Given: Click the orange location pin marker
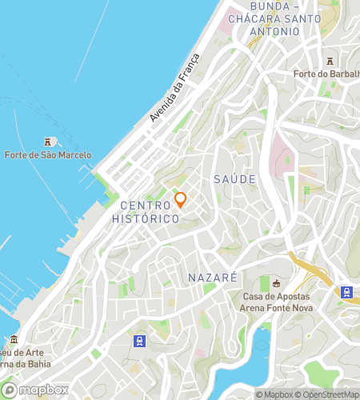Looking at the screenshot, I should [180, 200].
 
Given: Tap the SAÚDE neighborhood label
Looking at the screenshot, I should [234, 179].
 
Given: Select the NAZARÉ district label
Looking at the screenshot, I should [212, 278].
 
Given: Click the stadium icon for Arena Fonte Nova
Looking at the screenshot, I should [277, 283].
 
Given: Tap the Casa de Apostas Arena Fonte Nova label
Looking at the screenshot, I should [277, 302].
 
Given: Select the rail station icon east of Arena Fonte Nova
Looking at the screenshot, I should [347, 292].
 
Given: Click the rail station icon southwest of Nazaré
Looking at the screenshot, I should [139, 342].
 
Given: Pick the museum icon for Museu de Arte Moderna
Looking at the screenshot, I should [14, 340].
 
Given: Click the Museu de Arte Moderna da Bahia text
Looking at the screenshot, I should [24, 358].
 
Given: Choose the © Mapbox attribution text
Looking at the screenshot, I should [274, 394].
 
